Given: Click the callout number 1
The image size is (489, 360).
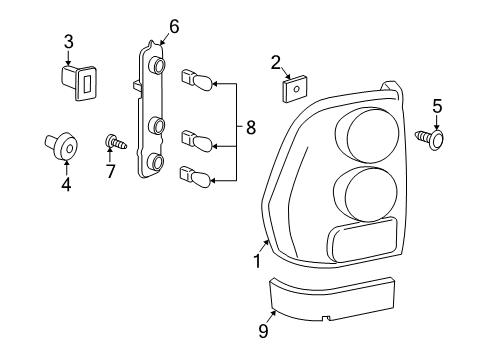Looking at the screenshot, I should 257,262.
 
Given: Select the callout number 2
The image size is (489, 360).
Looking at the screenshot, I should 275,63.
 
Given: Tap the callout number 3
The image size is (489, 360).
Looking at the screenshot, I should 68,41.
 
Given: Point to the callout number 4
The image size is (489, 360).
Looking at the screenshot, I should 67,183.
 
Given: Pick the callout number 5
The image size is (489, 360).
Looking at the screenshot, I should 436,104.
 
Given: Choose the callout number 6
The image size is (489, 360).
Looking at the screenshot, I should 173,27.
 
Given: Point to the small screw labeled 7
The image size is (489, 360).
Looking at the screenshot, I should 115,142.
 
